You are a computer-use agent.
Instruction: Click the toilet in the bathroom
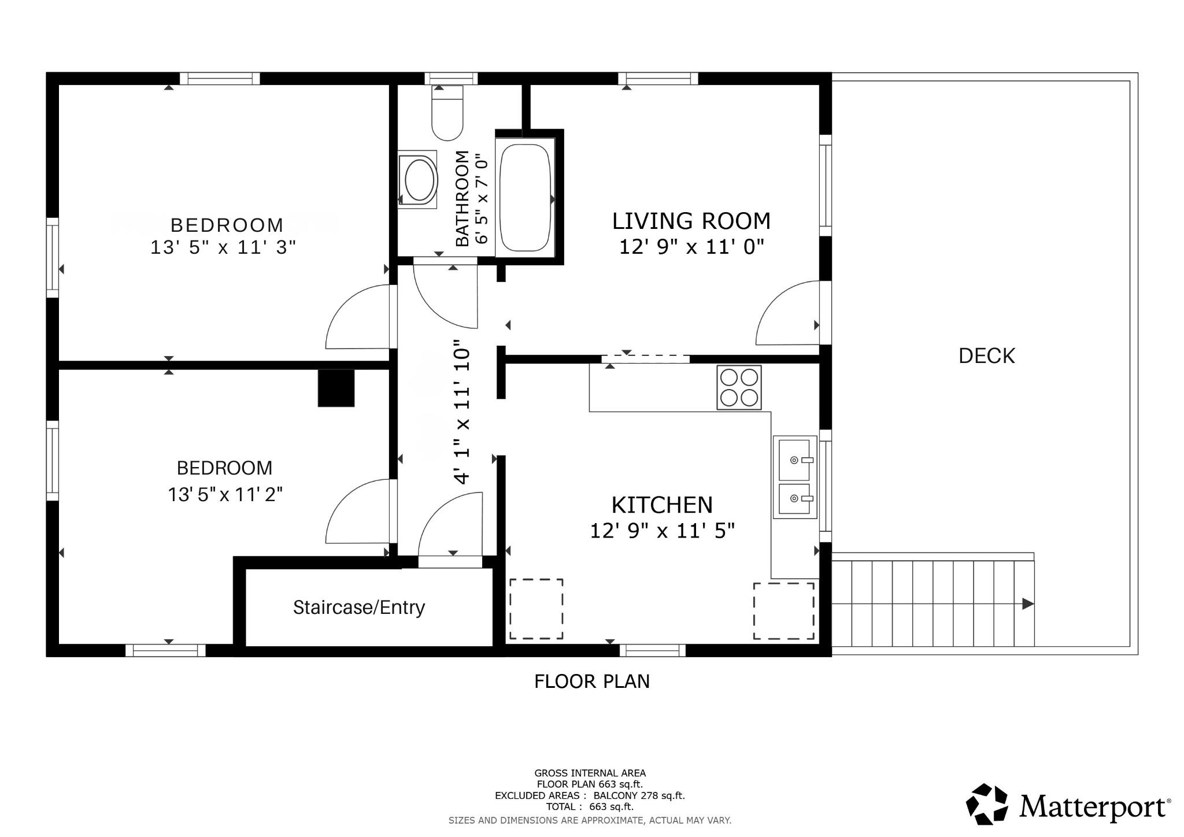coord(447,113)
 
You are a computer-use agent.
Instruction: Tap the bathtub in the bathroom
coord(525,197)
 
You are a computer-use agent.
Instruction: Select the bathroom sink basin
coord(419,180)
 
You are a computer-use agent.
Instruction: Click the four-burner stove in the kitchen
coord(739,387)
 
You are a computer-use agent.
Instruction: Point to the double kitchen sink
coord(795,477)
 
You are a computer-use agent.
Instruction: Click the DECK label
coord(986,356)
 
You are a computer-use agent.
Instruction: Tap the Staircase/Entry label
coord(358,608)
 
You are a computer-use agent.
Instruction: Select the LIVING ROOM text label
coord(691,221)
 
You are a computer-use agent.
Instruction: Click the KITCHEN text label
coord(662,505)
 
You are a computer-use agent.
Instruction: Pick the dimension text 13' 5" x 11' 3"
coord(223,247)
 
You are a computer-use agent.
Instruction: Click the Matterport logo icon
coord(987,804)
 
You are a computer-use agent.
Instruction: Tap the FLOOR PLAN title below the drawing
coord(592,682)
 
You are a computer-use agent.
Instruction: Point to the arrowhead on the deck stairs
coord(1028,604)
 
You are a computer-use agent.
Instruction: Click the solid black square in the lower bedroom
coord(336,388)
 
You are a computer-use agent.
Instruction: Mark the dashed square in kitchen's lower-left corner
coord(536,609)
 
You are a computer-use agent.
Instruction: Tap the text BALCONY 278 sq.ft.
coord(639,795)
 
